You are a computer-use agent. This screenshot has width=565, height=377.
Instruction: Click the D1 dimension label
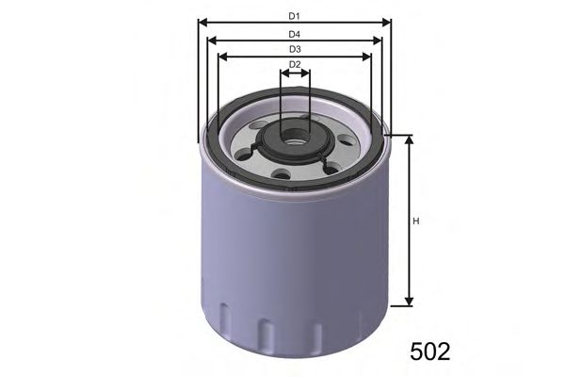pyautogui.click(x=294, y=16)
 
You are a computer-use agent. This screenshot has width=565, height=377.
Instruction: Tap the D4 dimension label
pyautogui.click(x=294, y=33)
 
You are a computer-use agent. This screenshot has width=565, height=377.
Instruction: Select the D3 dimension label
pyautogui.click(x=294, y=48)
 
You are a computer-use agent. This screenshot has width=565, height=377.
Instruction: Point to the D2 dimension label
pyautogui.click(x=294, y=64)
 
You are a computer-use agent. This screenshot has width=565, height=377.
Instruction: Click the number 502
pyautogui.click(x=430, y=352)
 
